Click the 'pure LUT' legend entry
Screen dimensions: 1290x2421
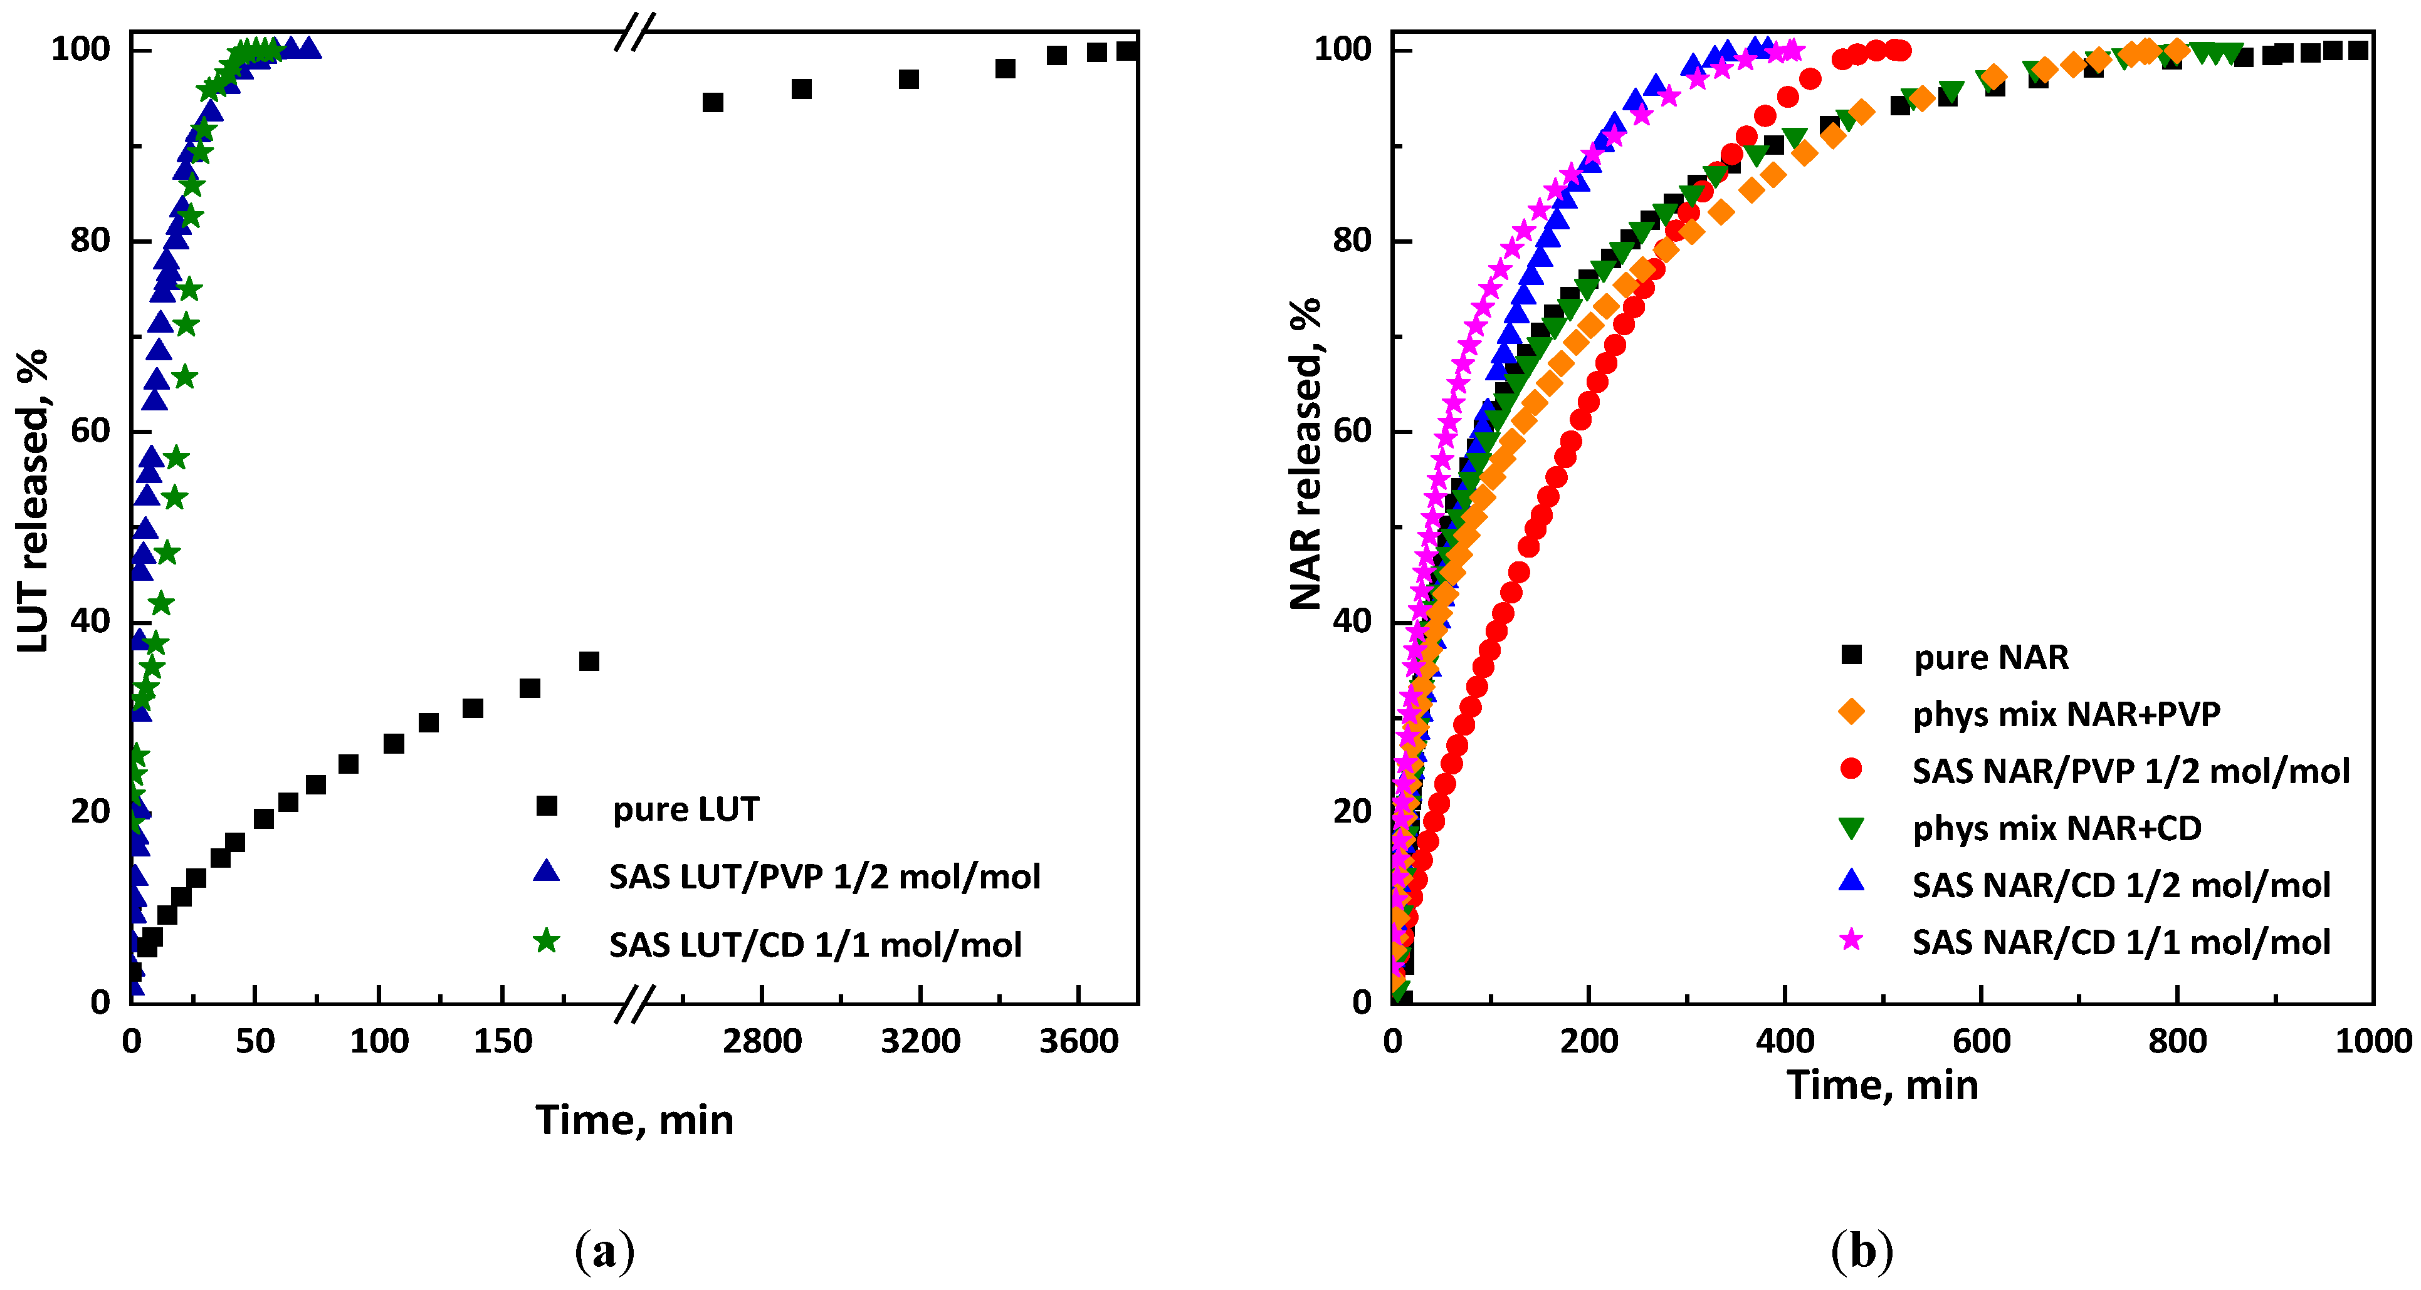click(x=685, y=809)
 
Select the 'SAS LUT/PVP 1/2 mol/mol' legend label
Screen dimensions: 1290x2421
click(x=824, y=876)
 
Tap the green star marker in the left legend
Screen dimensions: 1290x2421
click(x=546, y=940)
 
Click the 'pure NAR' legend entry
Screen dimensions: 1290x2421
click(x=1990, y=657)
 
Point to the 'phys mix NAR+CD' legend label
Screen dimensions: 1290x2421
click(x=2056, y=828)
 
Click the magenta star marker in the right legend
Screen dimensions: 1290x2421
click(x=1851, y=940)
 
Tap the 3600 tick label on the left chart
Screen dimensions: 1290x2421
click(x=1078, y=1042)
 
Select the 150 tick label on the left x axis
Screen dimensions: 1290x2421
click(x=502, y=1042)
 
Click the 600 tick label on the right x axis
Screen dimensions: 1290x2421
click(x=1981, y=1042)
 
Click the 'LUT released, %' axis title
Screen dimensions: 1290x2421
click(x=33, y=500)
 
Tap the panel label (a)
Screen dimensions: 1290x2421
click(x=604, y=1252)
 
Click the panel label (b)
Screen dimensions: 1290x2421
click(x=1861, y=1252)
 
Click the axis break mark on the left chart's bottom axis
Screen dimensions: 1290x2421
click(x=634, y=1004)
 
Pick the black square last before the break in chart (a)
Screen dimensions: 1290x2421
click(x=589, y=662)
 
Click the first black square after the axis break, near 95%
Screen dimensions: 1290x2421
click(x=712, y=102)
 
